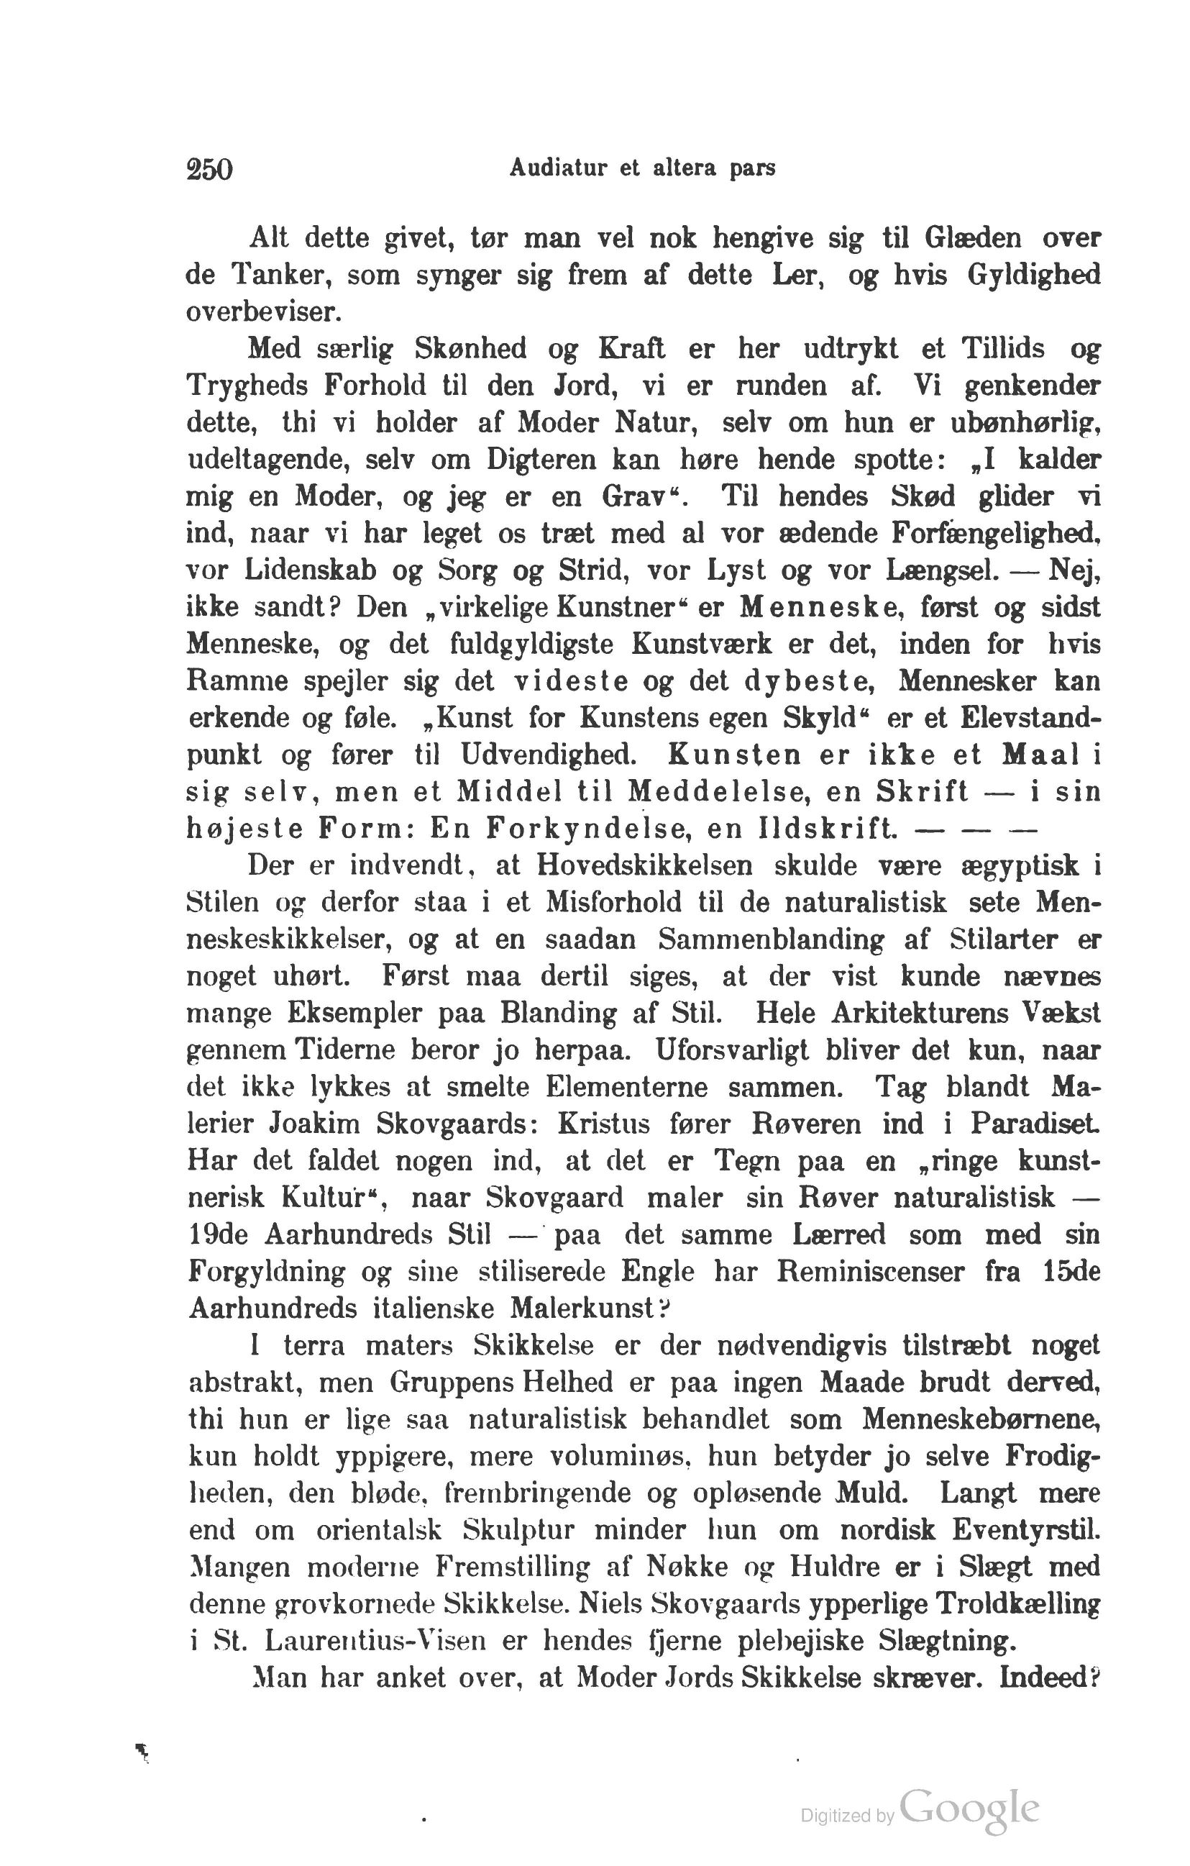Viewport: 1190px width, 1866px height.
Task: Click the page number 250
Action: point(209,169)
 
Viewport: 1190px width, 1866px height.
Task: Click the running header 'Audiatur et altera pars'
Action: point(642,168)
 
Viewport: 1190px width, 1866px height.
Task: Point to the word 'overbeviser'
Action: point(263,311)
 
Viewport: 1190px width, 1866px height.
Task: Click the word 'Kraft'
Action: point(632,349)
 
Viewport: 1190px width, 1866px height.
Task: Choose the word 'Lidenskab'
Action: point(311,570)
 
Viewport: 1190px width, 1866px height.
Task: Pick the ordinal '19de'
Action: point(218,1234)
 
